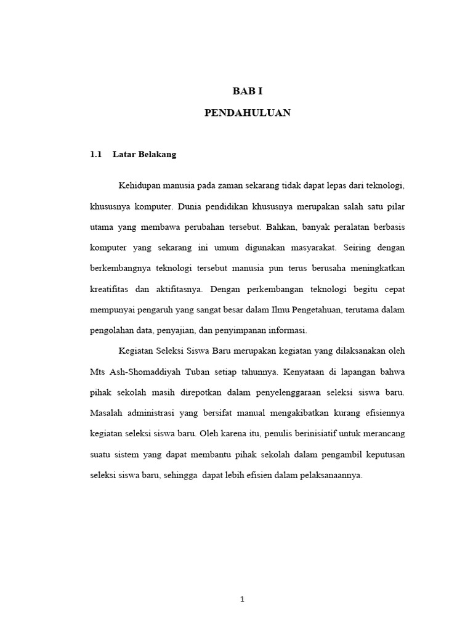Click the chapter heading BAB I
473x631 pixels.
coord(247,91)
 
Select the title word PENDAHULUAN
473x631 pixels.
coord(247,113)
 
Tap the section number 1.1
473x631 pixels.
coord(95,154)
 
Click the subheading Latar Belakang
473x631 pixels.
coord(145,154)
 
